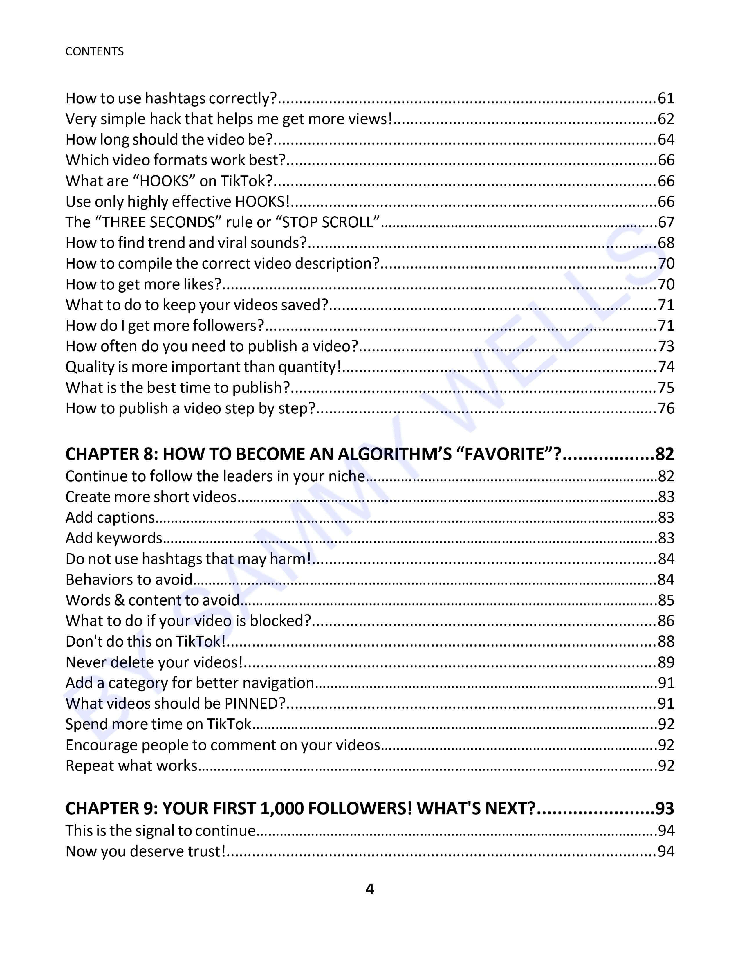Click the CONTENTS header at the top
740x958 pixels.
click(94, 51)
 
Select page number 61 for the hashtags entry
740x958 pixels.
click(665, 98)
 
